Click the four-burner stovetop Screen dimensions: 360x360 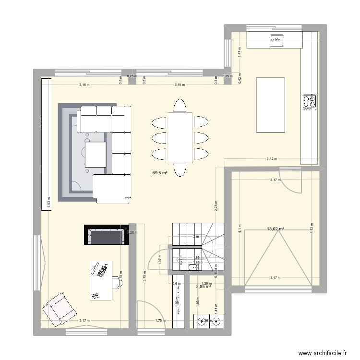pos(310,102)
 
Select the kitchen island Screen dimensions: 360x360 pos(272,104)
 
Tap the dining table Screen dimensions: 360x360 pos(180,138)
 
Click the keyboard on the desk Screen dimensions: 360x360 pos(102,271)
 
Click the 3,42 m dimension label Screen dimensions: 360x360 pos(272,159)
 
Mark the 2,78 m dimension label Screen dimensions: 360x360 pos(216,206)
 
